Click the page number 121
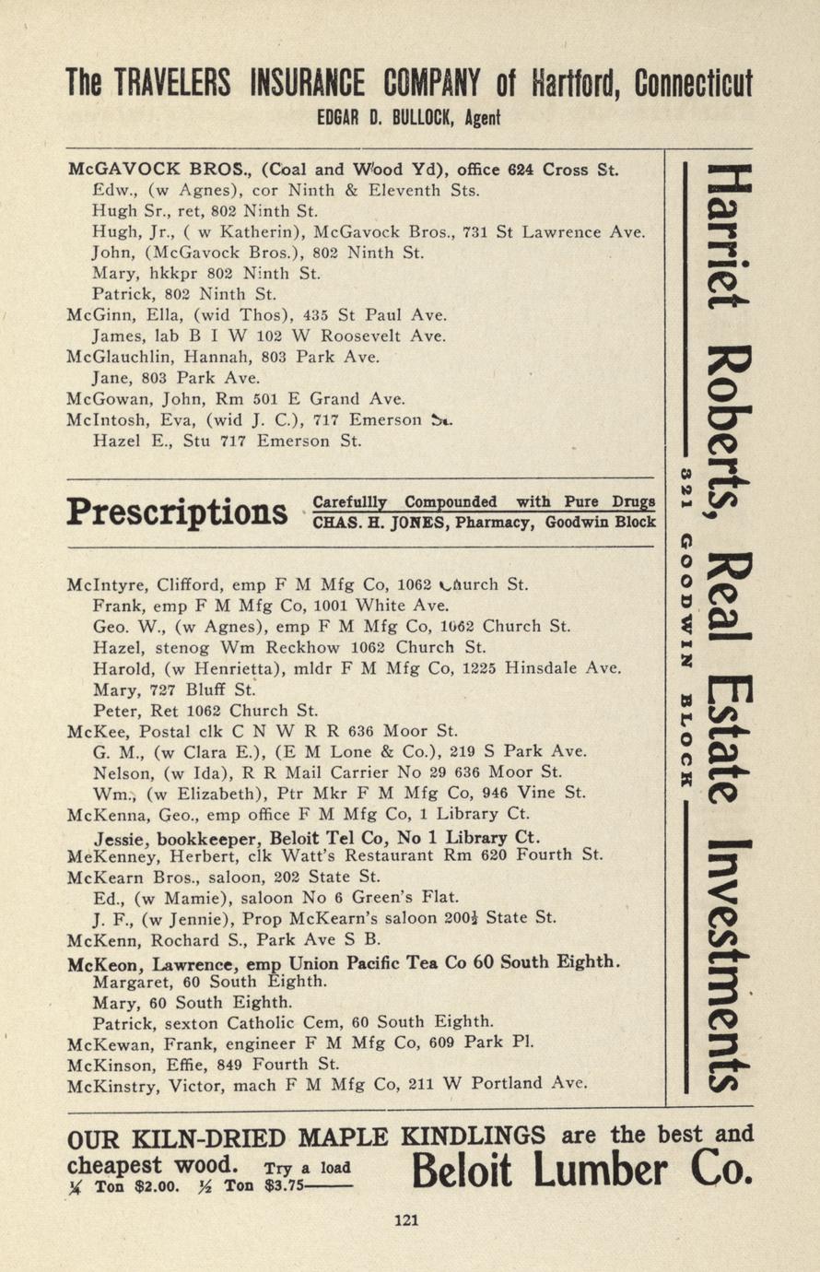point(406,1220)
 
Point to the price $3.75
point(283,1186)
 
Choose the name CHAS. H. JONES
point(369,523)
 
